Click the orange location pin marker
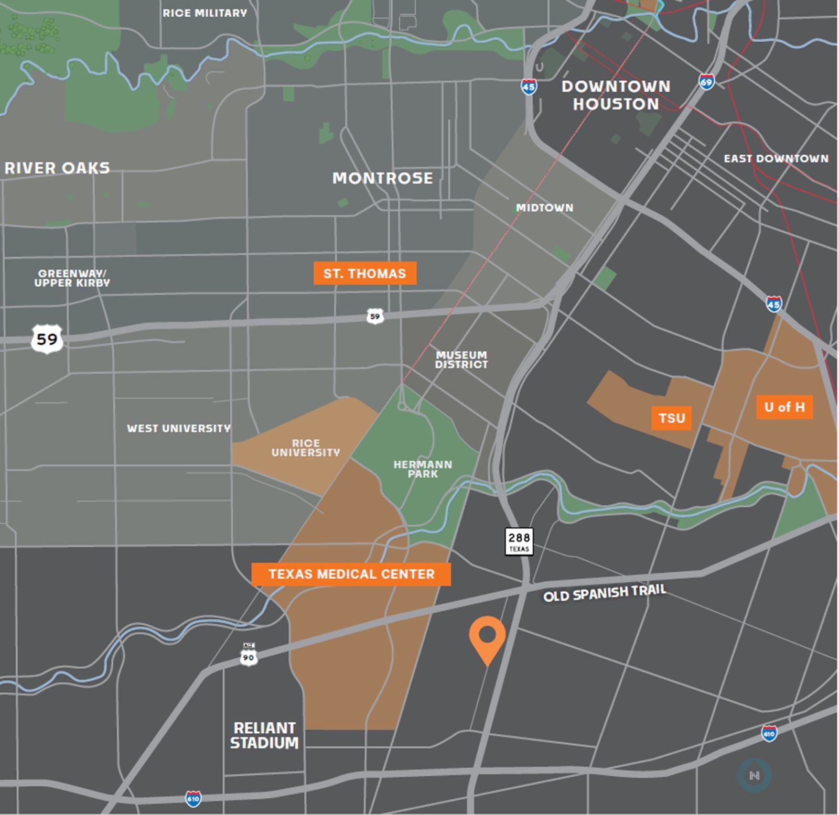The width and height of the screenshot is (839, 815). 487,637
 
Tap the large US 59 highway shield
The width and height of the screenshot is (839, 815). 47,339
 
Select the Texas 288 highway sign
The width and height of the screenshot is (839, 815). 519,541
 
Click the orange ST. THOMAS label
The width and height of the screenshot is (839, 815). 365,273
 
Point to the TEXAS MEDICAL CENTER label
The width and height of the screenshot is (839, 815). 351,574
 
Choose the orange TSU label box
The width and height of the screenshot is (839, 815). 672,418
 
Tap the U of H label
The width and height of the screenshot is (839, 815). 784,407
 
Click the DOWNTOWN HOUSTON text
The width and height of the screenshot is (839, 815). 616,95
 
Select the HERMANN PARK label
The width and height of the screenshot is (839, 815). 423,469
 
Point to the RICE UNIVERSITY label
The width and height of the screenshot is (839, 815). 306,448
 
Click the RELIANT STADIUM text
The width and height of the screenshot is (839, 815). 264,735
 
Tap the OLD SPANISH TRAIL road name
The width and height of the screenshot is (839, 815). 604,593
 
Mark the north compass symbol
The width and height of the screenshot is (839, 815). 754,775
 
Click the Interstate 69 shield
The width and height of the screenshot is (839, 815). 706,82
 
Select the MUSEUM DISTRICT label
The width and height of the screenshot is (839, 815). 461,360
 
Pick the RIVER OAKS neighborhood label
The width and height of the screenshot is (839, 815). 57,168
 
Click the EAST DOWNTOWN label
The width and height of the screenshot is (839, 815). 776,158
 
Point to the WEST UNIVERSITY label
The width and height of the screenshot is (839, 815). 178,428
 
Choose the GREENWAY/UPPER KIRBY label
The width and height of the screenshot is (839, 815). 72,278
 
